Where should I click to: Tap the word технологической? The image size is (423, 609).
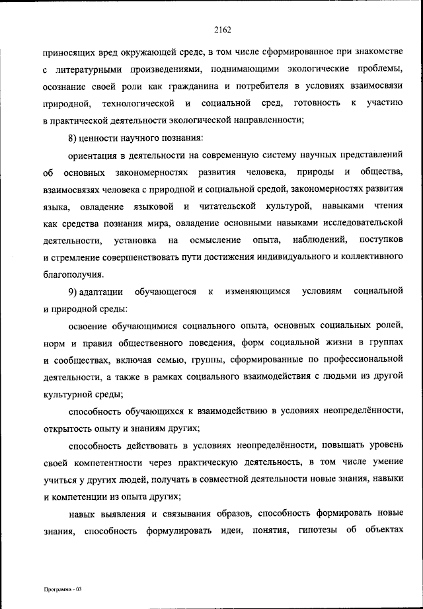pos(139,103)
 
